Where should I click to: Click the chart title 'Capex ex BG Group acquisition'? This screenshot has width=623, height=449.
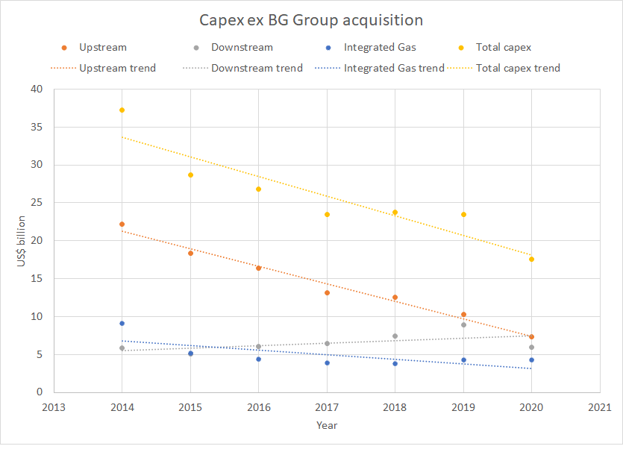point(311,20)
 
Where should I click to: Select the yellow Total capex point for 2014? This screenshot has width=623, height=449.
point(122,110)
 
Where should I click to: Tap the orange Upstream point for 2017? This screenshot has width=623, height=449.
point(327,292)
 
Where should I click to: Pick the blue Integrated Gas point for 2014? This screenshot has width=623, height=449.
point(122,323)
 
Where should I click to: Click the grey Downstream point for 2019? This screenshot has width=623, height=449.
point(463,324)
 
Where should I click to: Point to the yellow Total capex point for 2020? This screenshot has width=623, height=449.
point(531,259)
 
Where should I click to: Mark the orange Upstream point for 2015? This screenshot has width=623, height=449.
point(190,253)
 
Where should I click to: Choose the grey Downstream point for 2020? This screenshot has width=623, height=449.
point(531,347)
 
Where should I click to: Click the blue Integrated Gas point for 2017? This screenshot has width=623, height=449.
point(327,362)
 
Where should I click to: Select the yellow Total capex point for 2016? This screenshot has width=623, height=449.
point(258,189)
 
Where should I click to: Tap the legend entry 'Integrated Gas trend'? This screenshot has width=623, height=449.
point(393,68)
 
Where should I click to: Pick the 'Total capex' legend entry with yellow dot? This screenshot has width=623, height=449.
point(504,47)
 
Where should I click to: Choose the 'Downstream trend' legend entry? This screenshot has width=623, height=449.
point(257,68)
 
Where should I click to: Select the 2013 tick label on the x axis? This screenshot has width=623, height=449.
point(54,408)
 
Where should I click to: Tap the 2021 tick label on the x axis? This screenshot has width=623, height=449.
point(599,408)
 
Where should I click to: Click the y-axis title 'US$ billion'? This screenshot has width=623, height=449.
point(22,241)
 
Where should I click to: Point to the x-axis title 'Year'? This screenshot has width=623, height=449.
point(326,425)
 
